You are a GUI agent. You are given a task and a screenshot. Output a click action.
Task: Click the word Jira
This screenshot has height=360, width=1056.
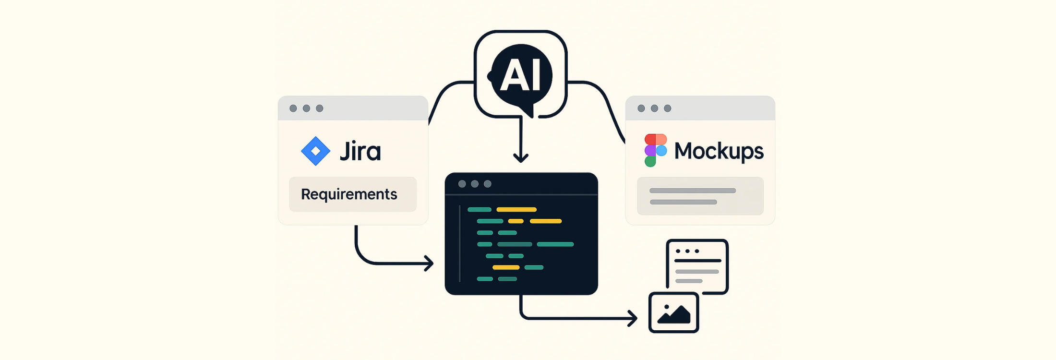(360, 151)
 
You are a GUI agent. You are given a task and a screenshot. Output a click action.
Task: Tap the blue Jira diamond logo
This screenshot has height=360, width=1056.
(315, 151)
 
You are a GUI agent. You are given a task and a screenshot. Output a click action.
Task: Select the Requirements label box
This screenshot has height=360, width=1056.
(353, 194)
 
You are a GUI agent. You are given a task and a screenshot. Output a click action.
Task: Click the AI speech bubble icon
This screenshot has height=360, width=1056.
(521, 76)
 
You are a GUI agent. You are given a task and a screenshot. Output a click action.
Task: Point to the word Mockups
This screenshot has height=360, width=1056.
(719, 151)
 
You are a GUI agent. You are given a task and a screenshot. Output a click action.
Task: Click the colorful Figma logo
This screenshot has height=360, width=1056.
(656, 150)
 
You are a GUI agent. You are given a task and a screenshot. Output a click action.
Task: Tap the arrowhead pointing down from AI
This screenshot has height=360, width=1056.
(521, 157)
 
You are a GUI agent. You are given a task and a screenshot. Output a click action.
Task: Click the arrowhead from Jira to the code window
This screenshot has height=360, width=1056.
(429, 263)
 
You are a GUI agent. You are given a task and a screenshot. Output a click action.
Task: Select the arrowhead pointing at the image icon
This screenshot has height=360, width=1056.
(632, 318)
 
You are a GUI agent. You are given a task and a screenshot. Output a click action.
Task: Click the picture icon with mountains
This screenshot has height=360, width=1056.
(673, 312)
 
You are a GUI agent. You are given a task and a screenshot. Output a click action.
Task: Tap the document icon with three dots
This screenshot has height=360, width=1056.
(697, 266)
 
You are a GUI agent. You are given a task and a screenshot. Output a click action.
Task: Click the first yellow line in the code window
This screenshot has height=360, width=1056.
(516, 209)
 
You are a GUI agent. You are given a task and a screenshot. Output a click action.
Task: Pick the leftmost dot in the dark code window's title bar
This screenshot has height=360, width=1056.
(462, 184)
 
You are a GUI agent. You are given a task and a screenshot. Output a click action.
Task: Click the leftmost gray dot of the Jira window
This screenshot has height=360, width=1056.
(293, 108)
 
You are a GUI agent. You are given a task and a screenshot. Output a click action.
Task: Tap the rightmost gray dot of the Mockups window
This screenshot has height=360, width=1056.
(667, 108)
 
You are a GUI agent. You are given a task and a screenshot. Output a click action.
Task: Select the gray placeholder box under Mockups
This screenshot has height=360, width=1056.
(700, 196)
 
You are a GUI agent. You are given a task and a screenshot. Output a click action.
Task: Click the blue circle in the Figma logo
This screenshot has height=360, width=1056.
(661, 151)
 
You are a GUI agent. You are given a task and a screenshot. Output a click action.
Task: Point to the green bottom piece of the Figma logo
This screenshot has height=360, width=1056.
(650, 161)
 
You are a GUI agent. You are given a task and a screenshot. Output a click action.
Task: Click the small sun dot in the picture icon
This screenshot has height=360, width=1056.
(667, 307)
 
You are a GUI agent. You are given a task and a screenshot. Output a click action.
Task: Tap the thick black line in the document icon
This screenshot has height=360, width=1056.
(697, 261)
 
